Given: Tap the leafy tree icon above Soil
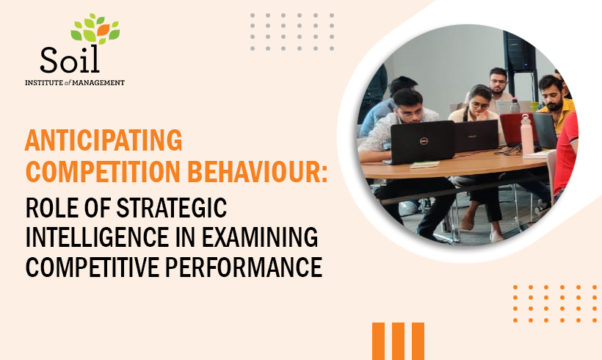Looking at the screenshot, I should coord(95,29).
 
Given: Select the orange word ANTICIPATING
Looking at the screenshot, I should coord(104,139).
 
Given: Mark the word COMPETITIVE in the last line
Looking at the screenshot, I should coord(95,266).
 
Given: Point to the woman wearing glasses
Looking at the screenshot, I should coord(477,107).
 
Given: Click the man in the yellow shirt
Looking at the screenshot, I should coord(554,103).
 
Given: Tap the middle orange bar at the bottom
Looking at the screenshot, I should coord(398,341).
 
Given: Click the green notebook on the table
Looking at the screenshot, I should coord(426,164).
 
